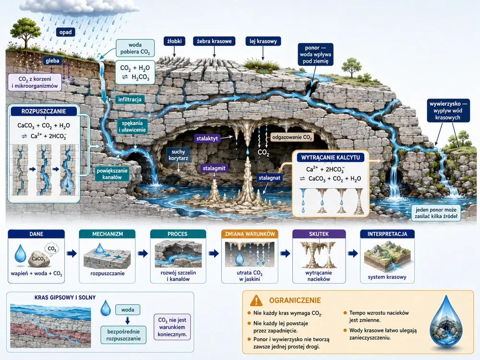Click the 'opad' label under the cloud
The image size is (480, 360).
(65, 32)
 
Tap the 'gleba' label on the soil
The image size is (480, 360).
(52, 60)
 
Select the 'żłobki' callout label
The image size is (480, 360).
(175, 41)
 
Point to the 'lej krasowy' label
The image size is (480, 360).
(263, 41)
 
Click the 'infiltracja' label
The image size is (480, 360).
(130, 99)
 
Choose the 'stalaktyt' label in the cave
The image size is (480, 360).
(207, 138)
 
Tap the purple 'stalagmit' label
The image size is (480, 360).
(214, 168)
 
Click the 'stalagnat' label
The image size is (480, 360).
(269, 178)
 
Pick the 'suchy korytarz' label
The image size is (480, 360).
(178, 155)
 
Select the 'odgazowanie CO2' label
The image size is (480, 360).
(292, 137)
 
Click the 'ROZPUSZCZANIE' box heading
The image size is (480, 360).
(44, 111)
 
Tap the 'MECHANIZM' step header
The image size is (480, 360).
(108, 234)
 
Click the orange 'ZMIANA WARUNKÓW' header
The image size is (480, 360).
(250, 234)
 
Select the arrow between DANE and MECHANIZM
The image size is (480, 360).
(72, 253)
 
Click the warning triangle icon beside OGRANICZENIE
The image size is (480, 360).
(256, 300)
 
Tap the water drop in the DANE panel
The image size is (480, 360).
(21, 253)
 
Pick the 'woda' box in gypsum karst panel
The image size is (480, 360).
(128, 310)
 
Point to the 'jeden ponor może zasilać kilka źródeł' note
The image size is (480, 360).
(436, 213)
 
